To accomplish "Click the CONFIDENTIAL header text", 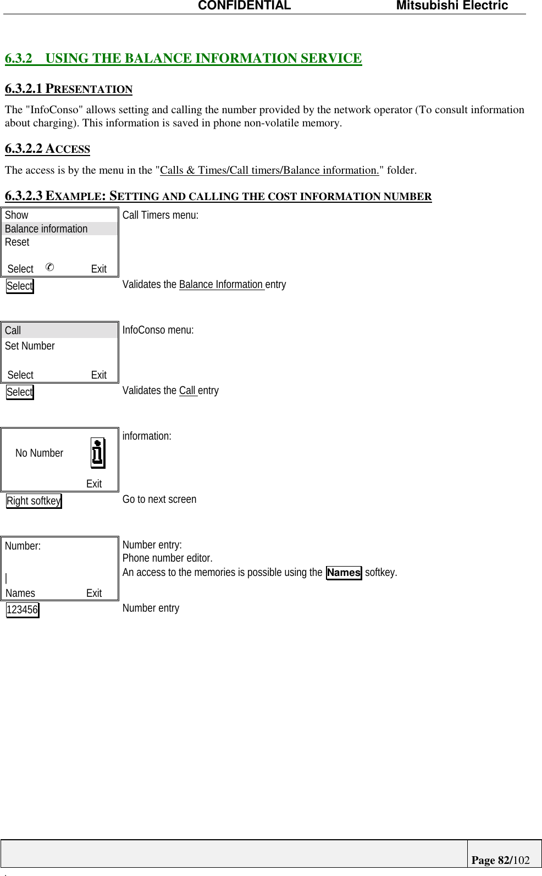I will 244,6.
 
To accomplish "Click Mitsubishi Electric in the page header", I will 452,6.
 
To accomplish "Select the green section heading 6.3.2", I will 183,58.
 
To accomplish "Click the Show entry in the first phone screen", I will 16,215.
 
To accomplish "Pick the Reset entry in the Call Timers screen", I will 17,242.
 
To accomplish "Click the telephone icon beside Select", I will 49,267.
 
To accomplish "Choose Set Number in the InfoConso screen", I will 30,346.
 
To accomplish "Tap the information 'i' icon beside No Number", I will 98,453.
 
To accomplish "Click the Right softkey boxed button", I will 34,501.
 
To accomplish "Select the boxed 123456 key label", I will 23,609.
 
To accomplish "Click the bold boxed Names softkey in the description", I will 344,573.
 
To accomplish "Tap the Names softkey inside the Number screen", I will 20,593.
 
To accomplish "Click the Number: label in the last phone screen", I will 23,546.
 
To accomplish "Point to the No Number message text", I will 39,453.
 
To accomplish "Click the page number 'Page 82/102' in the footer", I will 500,860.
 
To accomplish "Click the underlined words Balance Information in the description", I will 221,284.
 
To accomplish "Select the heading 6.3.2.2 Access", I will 47,148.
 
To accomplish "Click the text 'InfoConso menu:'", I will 158,330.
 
